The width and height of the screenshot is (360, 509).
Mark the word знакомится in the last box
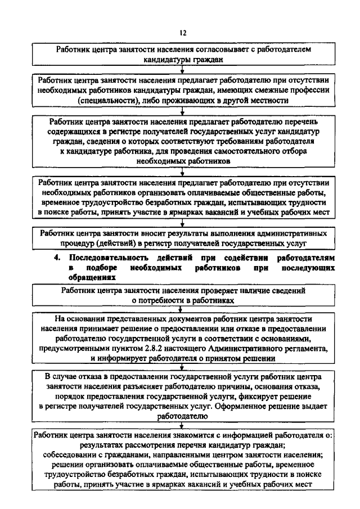(180, 436)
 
